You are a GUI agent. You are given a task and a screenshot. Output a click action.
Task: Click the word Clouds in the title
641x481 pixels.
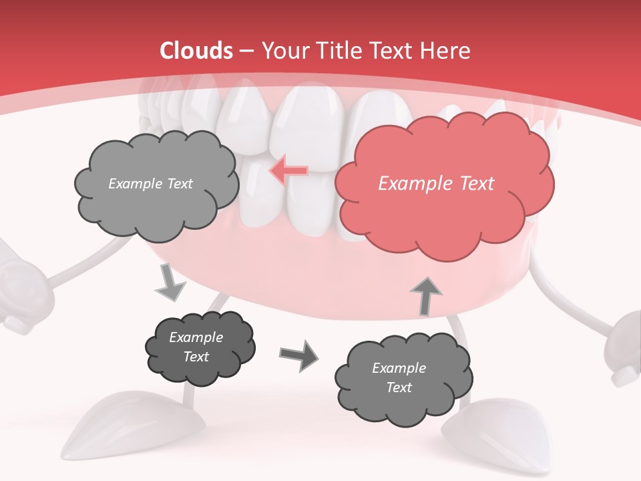click(x=196, y=51)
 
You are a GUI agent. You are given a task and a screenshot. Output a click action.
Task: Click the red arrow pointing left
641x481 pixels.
click(x=288, y=170)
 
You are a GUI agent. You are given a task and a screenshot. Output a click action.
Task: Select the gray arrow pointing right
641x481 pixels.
click(x=299, y=355)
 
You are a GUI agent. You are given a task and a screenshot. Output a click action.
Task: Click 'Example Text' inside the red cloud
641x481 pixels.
click(x=436, y=184)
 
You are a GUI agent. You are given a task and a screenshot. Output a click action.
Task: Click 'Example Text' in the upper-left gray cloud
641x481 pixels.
click(x=150, y=184)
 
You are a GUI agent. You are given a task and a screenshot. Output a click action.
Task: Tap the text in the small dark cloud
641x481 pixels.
click(x=196, y=347)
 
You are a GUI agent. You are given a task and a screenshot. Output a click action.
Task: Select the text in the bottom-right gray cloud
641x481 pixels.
click(x=399, y=377)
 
